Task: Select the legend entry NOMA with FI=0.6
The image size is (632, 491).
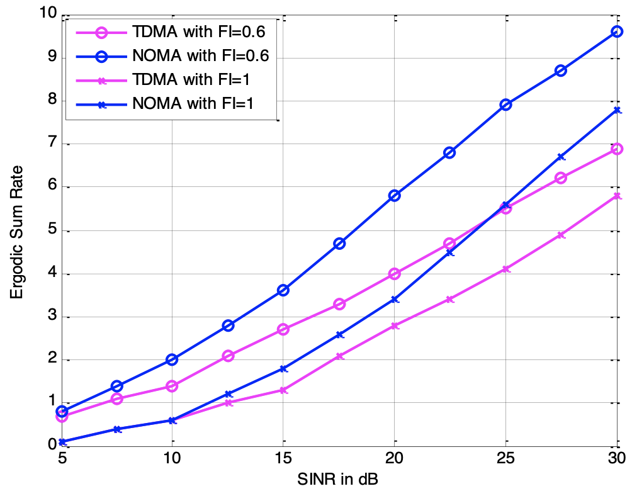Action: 201,57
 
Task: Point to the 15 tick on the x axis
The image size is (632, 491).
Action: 283,456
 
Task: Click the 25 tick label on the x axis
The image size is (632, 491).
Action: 505,456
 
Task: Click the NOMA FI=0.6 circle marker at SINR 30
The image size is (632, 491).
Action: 617,31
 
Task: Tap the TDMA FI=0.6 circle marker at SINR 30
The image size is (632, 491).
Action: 617,149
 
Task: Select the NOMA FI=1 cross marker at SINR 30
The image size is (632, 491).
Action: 617,110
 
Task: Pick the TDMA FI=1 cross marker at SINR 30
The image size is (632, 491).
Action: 617,196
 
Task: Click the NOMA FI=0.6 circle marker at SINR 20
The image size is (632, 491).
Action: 395,196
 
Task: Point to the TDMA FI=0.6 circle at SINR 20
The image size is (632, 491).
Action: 395,274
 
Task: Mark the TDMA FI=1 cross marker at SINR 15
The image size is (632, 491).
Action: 283,390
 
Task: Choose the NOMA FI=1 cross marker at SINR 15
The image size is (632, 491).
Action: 283,368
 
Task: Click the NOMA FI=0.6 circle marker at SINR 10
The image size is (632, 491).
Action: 172,359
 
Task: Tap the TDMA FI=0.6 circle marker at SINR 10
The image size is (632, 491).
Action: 172,386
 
